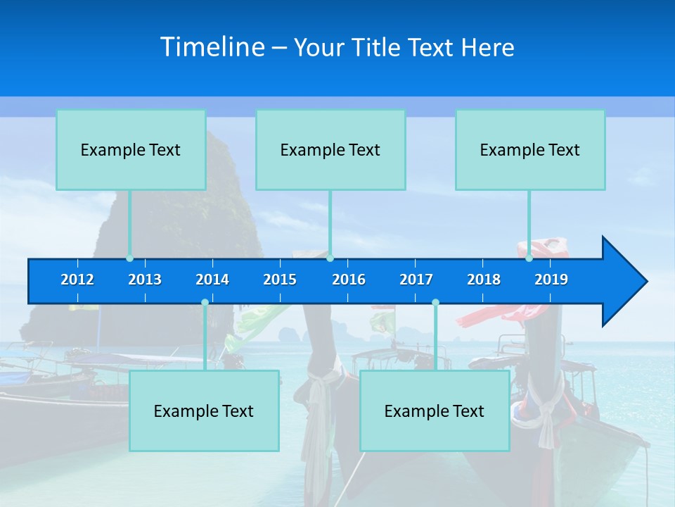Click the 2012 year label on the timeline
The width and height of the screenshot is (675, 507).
pos(77,280)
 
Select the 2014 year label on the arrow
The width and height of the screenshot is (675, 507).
pos(212,280)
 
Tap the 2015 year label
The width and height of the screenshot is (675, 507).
pos(280,280)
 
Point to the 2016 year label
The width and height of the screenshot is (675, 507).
pos(349,280)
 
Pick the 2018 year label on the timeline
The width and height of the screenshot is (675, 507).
pos(484,280)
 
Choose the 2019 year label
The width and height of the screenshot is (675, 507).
pos(551,280)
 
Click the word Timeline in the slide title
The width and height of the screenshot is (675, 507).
pos(212,47)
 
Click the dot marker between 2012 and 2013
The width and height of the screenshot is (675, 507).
pos(130,258)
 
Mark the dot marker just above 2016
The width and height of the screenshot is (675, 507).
pos(330,258)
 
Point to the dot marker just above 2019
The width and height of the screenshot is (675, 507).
pos(529,258)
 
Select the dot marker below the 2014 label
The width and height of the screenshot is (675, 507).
pos(205,303)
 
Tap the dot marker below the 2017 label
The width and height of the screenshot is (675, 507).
pos(435,303)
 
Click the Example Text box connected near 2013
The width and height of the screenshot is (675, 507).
pos(131,150)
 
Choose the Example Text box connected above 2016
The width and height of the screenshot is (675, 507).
pos(330,150)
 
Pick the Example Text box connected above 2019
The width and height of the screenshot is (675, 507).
pos(530,150)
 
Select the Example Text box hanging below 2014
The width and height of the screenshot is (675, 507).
pos(204,411)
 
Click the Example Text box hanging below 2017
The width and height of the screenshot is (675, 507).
pos(435,411)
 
